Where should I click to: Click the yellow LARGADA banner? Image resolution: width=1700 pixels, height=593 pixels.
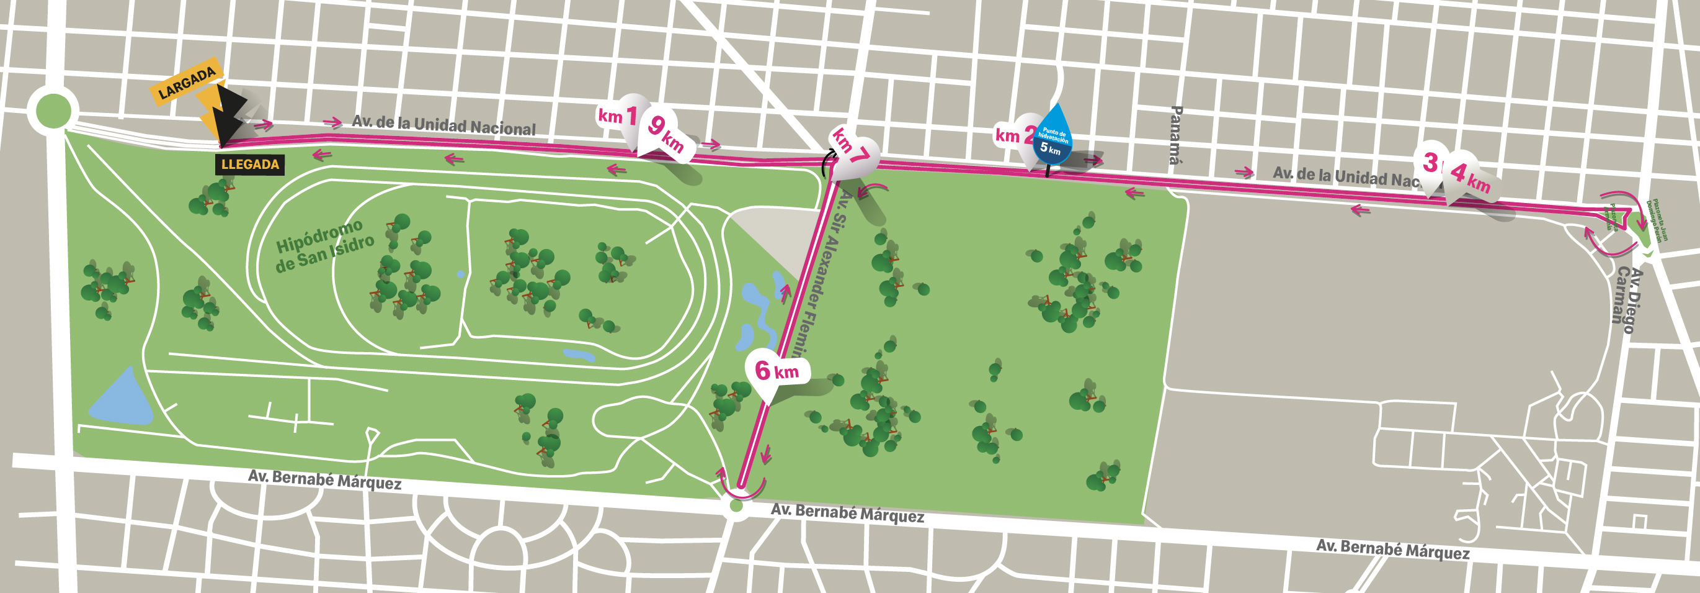click(x=187, y=83)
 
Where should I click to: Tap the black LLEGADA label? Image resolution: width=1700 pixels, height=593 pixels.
click(x=250, y=165)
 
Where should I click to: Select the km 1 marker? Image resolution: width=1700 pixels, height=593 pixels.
click(x=618, y=116)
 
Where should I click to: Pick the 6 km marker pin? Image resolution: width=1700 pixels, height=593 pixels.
click(x=777, y=371)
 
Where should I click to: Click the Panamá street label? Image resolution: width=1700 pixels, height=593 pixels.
click(x=1175, y=135)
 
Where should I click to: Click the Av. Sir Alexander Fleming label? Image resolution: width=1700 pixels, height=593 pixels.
click(x=826, y=278)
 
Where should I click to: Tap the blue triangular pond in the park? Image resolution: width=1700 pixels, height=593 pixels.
click(x=122, y=399)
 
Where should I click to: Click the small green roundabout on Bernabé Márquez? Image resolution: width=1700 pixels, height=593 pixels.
click(x=736, y=507)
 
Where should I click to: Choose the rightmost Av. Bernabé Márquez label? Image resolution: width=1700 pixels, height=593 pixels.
click(x=1392, y=549)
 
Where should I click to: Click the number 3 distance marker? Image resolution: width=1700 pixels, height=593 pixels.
click(x=1430, y=163)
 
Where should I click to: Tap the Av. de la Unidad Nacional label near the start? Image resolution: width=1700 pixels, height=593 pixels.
click(x=443, y=125)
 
